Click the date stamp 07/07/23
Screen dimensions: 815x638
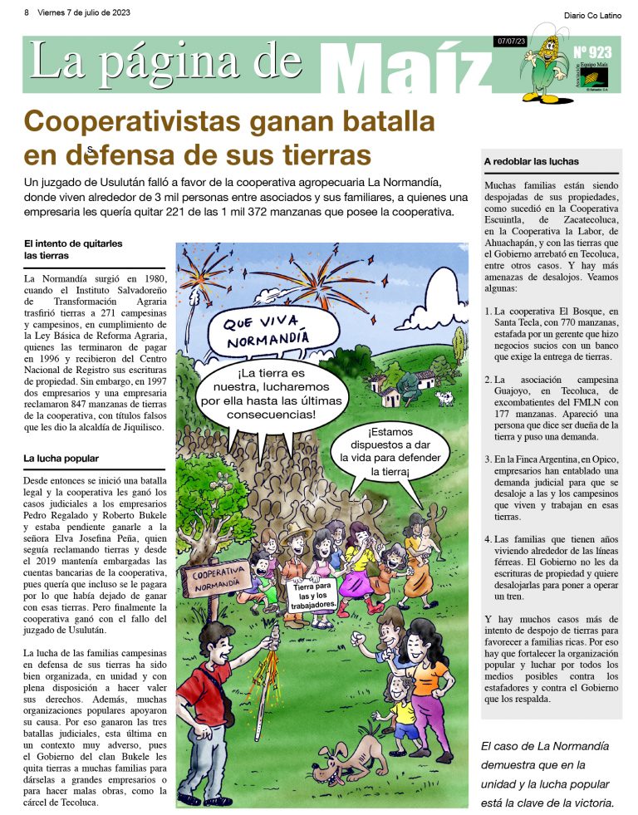(x=508, y=41)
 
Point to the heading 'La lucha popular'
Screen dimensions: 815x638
(x=61, y=458)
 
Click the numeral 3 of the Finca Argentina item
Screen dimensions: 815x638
(x=488, y=459)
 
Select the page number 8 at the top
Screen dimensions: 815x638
(x=27, y=13)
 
